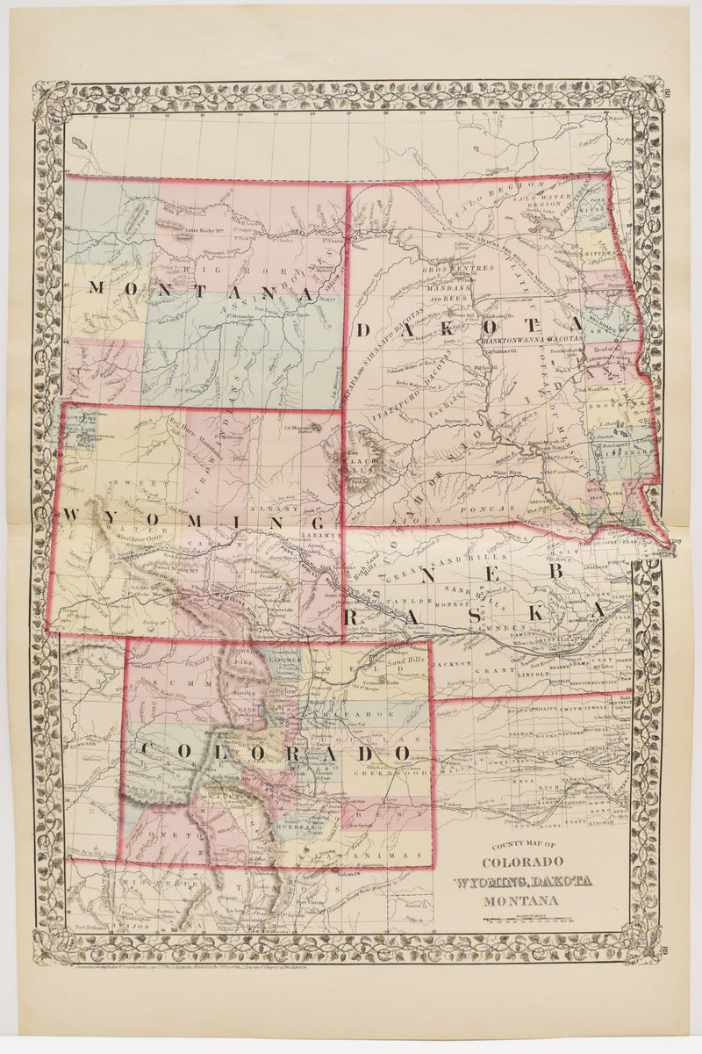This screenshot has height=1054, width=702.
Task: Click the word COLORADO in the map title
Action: [521, 862]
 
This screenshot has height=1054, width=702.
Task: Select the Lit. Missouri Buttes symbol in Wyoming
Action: [319, 428]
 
